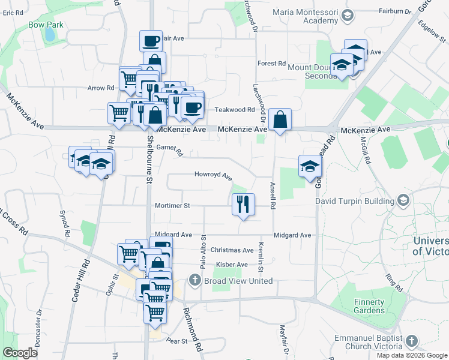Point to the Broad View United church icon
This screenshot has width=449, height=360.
tap(195, 281)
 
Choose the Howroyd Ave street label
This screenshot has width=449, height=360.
tap(212, 175)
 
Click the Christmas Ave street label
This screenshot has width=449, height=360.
tap(232, 250)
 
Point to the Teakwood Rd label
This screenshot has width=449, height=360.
tap(235, 110)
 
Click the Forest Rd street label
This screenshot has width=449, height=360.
tap(271, 64)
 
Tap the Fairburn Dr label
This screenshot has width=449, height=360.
tap(395, 11)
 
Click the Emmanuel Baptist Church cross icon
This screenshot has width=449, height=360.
tap(411, 341)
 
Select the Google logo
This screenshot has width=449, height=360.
tap(20, 353)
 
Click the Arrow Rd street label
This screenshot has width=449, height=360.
tap(100, 88)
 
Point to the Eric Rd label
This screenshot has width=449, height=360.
tap(12, 12)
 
